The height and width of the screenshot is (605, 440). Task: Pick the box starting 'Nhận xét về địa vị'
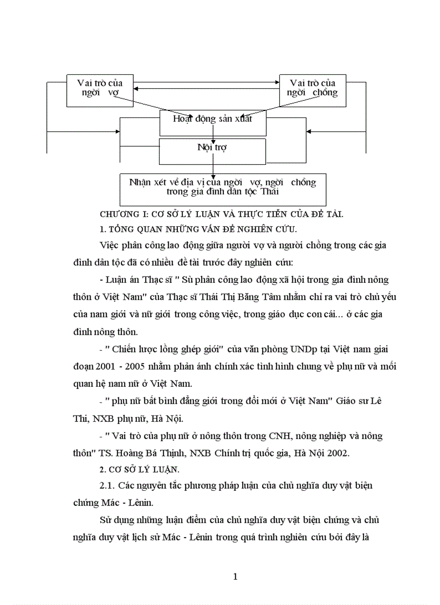click(x=223, y=186)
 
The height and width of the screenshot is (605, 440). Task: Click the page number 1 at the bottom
click(x=235, y=576)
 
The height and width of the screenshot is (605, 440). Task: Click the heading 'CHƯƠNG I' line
click(x=222, y=214)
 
